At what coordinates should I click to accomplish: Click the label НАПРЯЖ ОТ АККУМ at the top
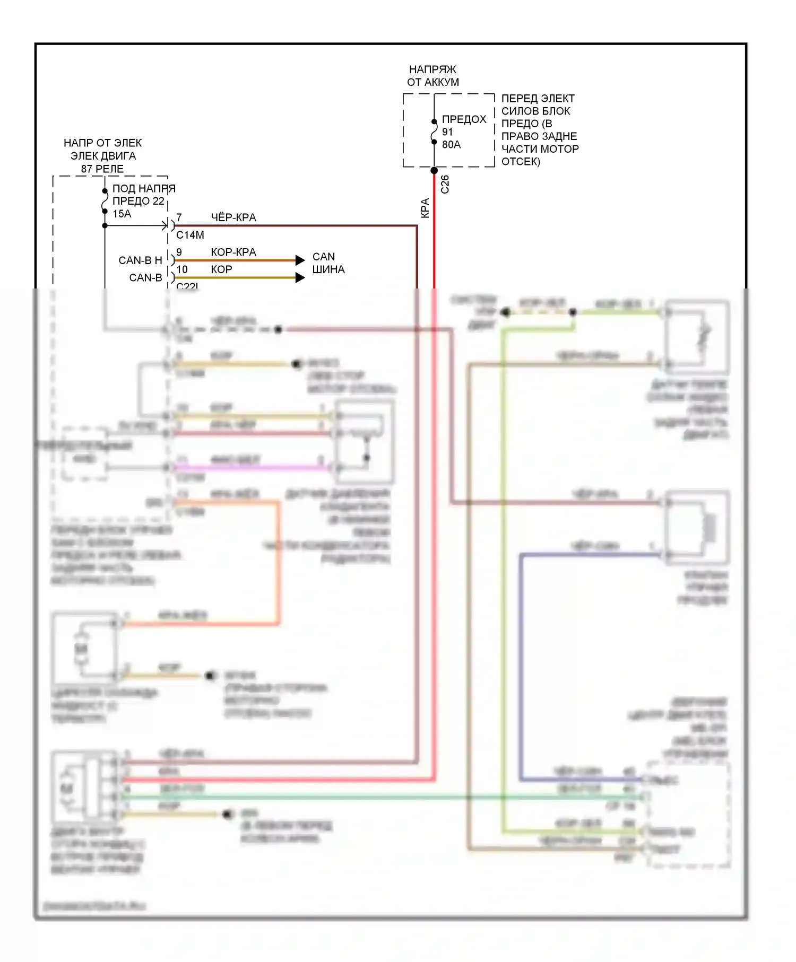click(x=432, y=76)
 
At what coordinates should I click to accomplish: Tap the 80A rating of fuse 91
click(x=451, y=144)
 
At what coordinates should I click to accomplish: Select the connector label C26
click(x=445, y=184)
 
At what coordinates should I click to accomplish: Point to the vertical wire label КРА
click(x=425, y=208)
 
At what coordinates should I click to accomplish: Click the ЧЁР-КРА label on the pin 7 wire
click(x=233, y=217)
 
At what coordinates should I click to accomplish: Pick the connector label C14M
click(x=190, y=235)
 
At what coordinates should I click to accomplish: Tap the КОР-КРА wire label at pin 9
click(x=233, y=252)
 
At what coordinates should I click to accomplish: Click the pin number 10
click(x=182, y=269)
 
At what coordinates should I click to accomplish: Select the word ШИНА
click(x=328, y=269)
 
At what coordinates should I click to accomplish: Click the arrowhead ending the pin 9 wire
click(x=300, y=260)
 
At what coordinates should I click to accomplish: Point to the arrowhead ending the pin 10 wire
click(x=300, y=277)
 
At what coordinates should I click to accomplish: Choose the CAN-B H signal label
click(x=140, y=260)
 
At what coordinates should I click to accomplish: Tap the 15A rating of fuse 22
click(x=122, y=214)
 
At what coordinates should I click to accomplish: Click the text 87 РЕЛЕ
click(x=102, y=169)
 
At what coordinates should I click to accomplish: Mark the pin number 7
click(x=179, y=217)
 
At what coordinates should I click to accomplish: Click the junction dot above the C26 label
click(x=434, y=171)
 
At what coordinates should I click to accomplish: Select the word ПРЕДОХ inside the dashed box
click(x=464, y=119)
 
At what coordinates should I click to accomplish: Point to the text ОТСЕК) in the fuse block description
click(x=521, y=161)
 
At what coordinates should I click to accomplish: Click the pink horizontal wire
click(x=249, y=468)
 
